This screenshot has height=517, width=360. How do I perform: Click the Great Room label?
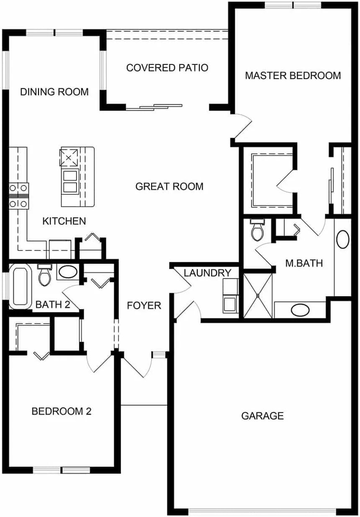coord(169,187)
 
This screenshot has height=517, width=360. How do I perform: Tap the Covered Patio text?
coord(167,68)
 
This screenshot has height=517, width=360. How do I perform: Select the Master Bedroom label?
coord(293,76)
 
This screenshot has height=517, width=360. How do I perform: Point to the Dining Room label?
coord(54,92)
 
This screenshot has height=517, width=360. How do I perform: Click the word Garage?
coord(262,416)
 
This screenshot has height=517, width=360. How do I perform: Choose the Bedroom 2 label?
coord(62,411)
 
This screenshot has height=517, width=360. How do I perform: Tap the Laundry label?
coord(207,273)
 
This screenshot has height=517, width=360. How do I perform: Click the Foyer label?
coord(144,306)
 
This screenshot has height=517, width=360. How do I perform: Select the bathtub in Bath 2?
coord(21,287)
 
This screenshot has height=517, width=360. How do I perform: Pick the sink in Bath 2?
coord(68,272)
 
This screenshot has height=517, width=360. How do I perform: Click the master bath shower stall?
coord(258,295)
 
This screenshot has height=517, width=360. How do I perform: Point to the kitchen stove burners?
coord(18,196)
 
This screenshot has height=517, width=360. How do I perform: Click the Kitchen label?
coord(64,221)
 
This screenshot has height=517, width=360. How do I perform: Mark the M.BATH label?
coord(304,263)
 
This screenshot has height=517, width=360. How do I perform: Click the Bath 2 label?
coord(53,305)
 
